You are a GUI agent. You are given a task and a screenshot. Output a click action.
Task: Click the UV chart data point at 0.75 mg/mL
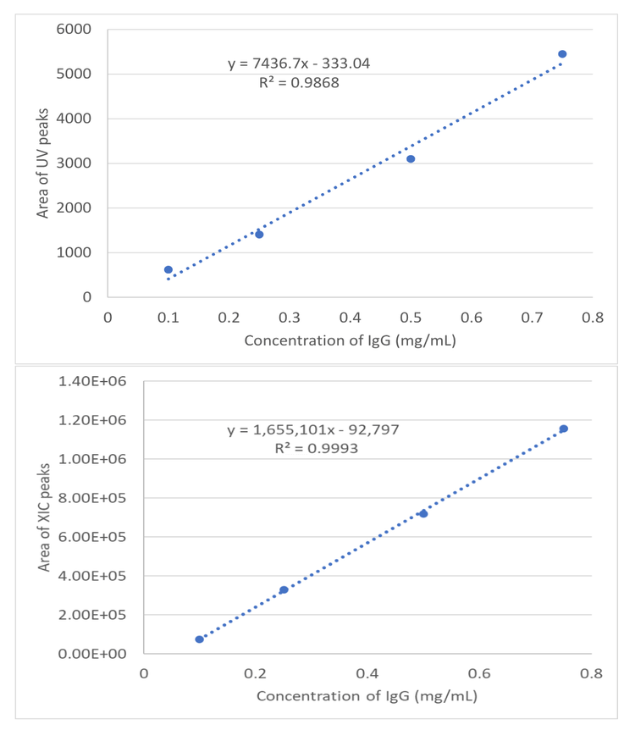[x=562, y=54]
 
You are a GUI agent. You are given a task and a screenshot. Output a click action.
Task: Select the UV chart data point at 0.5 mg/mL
[x=411, y=159]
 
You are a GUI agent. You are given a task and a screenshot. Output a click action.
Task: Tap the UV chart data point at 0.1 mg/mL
[x=168, y=269]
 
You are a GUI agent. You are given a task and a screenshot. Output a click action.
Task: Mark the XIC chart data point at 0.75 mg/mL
[x=564, y=429]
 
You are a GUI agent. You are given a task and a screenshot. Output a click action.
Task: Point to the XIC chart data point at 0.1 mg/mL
[x=200, y=639]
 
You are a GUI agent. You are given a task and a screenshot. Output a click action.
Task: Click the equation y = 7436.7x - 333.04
[x=299, y=64]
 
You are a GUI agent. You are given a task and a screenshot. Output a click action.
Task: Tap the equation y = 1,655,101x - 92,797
[x=313, y=430]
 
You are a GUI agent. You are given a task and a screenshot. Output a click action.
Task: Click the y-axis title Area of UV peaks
[x=42, y=163]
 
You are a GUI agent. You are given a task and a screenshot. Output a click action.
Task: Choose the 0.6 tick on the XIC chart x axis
[x=479, y=673]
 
